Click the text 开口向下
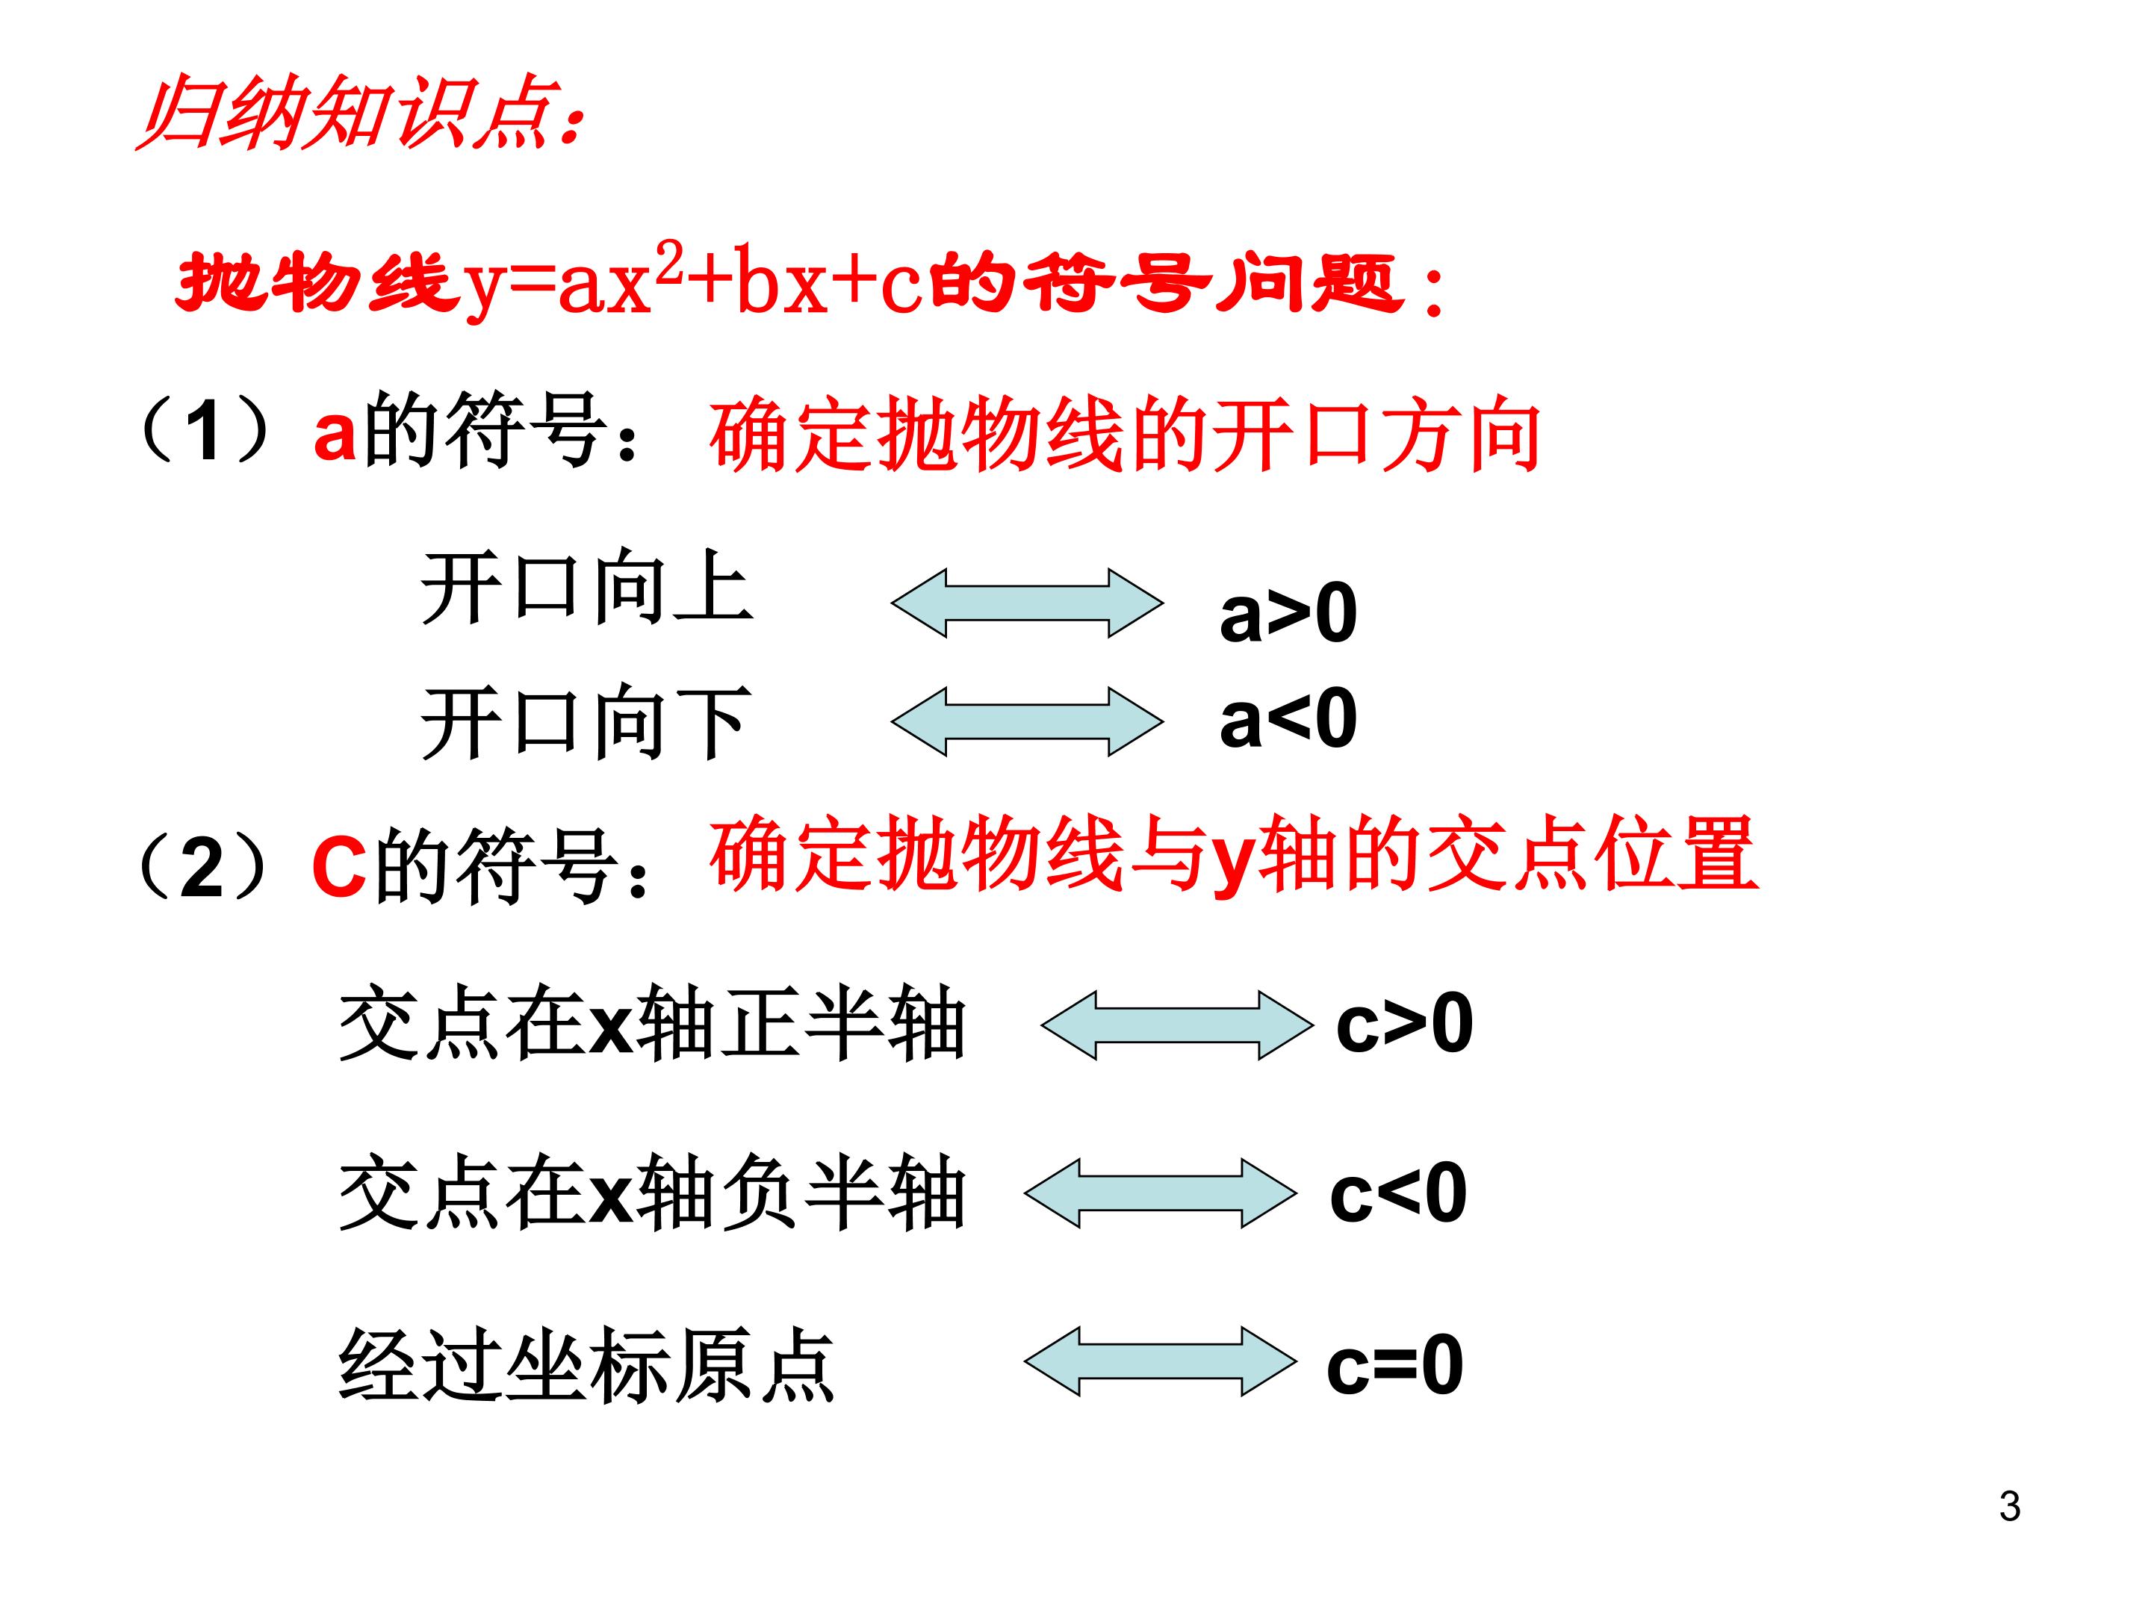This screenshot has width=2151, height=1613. [x=586, y=721]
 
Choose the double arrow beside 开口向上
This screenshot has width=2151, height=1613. [x=1027, y=603]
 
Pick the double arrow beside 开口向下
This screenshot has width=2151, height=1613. [x=1027, y=721]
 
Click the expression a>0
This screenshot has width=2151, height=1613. [x=1288, y=612]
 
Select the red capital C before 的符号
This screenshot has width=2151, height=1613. [x=339, y=866]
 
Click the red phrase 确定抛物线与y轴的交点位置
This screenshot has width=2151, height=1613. [x=1233, y=854]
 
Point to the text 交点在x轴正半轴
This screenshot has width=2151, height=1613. [x=651, y=1023]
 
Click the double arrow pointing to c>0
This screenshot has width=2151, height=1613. [x=1176, y=1025]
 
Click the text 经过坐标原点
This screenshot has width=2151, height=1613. [x=586, y=1363]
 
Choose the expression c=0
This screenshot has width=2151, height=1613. [x=1394, y=1364]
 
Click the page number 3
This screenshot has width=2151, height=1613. [x=2010, y=1506]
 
